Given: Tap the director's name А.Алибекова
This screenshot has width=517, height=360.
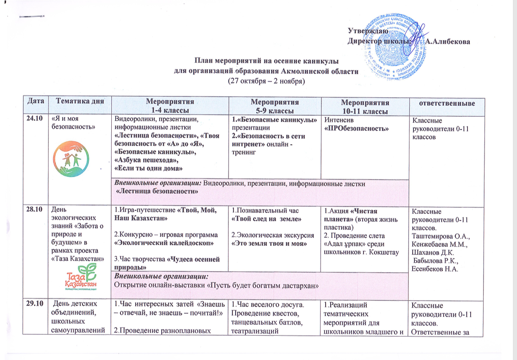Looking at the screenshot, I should pos(447,42).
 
